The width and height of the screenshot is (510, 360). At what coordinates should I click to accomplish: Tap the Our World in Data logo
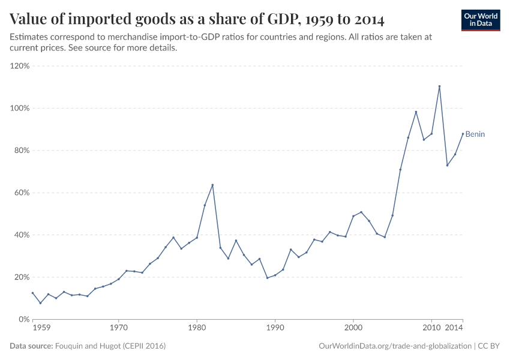pyautogui.click(x=480, y=19)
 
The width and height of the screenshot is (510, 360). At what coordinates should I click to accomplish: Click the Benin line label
pyautogui.click(x=475, y=134)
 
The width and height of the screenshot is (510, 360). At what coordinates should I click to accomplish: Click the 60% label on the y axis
pyautogui.click(x=22, y=193)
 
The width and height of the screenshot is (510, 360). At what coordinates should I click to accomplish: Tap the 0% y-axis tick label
pyautogui.click(x=24, y=319)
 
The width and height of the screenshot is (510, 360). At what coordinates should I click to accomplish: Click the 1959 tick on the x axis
pyautogui.click(x=41, y=329)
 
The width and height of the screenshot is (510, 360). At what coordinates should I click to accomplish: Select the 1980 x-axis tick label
pyautogui.click(x=197, y=329)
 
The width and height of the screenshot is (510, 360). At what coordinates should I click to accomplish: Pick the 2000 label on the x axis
pyautogui.click(x=353, y=329)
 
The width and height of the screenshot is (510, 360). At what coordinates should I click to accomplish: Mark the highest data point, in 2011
pyautogui.click(x=439, y=86)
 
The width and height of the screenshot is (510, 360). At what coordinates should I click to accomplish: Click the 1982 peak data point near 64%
pyautogui.click(x=212, y=185)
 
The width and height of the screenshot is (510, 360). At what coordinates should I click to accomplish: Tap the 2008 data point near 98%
pyautogui.click(x=416, y=112)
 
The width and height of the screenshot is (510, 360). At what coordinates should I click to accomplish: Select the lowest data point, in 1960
pyautogui.click(x=40, y=303)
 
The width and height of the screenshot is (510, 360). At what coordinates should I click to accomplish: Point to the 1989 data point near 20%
pyautogui.click(x=267, y=278)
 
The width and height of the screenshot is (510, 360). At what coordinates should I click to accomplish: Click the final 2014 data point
pyautogui.click(x=463, y=133)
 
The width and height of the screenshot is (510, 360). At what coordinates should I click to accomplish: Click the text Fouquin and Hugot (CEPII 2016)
pyautogui.click(x=110, y=346)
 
